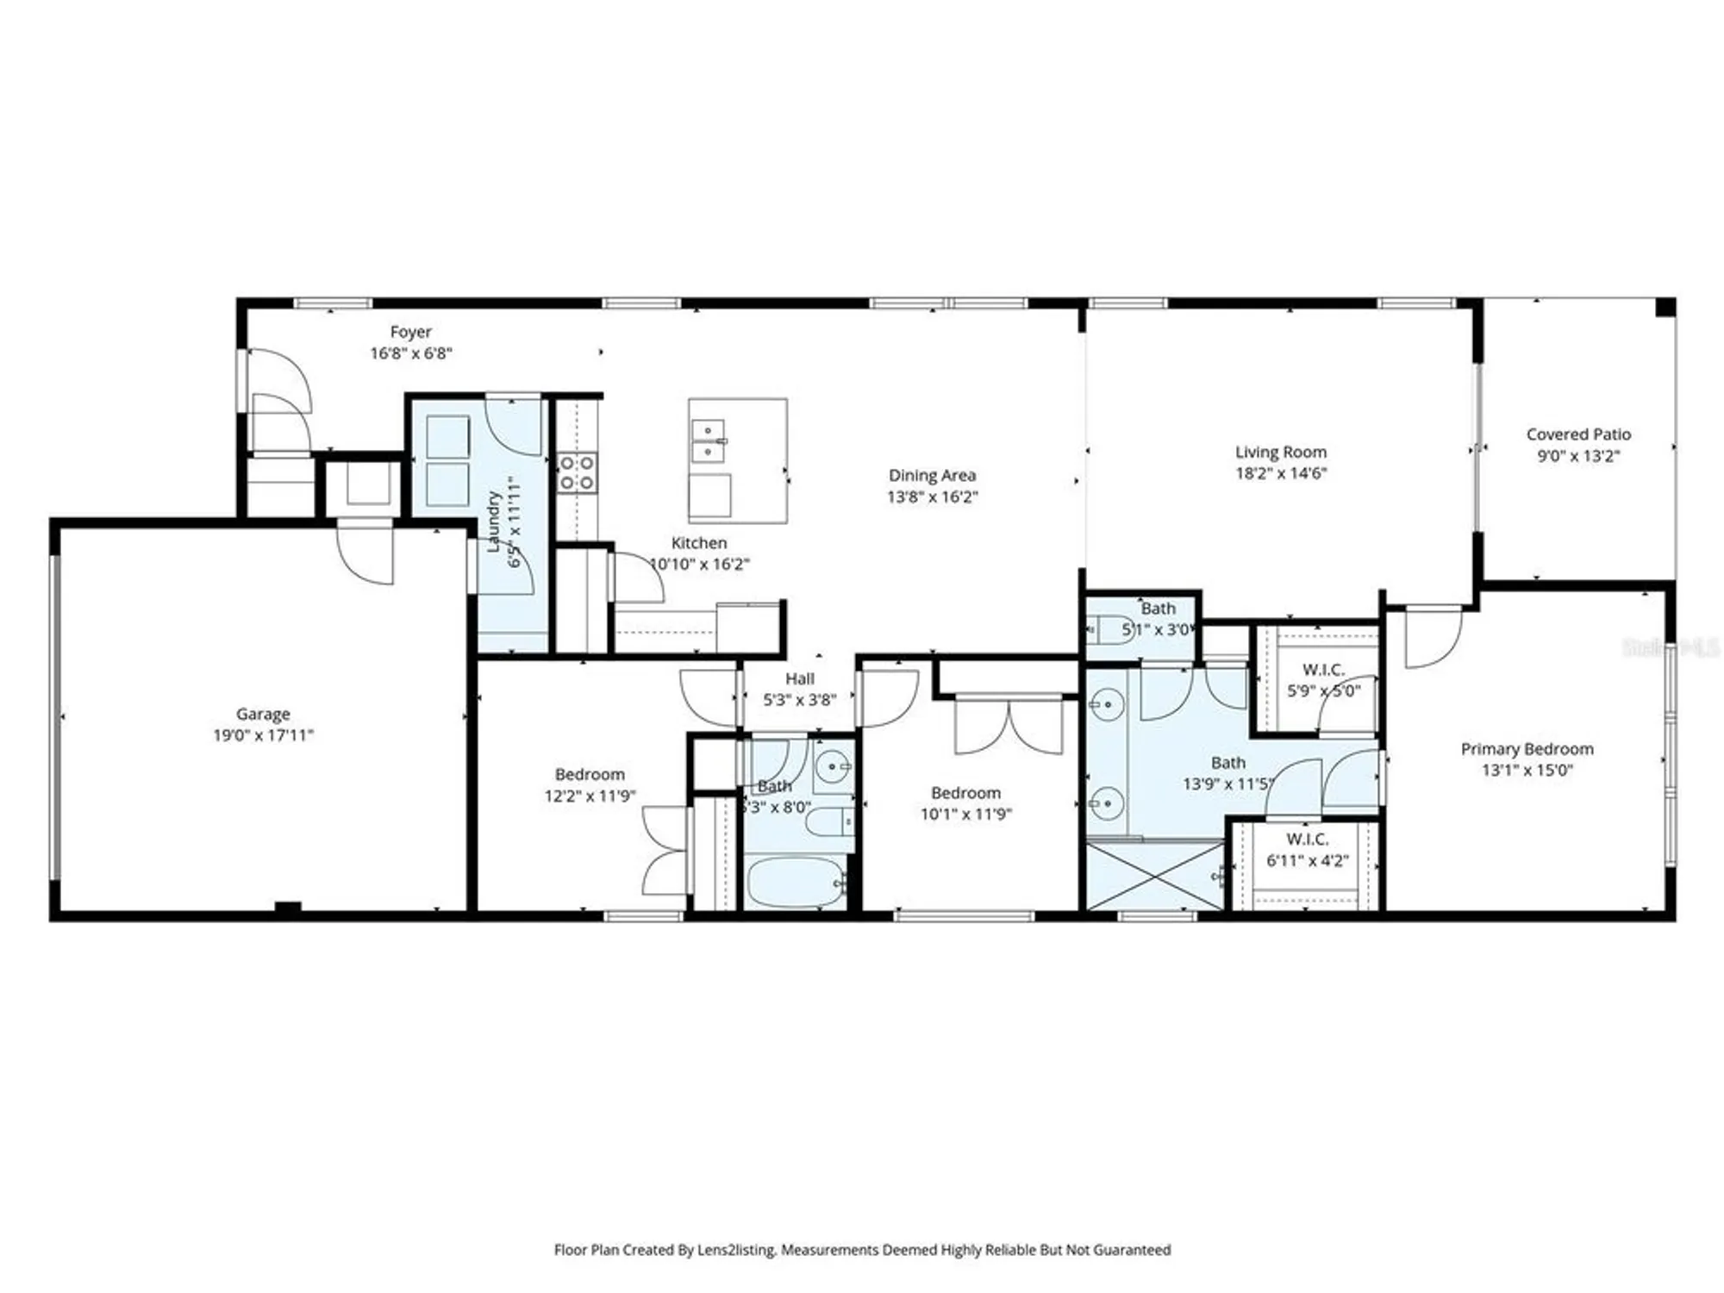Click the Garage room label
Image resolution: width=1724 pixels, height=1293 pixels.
click(x=263, y=714)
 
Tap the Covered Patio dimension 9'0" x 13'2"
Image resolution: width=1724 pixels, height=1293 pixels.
click(x=1578, y=456)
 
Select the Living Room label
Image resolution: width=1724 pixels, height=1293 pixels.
click(x=1281, y=452)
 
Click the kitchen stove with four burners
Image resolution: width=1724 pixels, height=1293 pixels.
click(x=576, y=473)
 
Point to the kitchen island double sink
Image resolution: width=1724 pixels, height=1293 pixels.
click(x=709, y=440)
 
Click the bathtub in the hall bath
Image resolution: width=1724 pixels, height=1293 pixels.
click(x=796, y=881)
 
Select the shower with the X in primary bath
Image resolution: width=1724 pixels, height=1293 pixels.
click(x=1154, y=875)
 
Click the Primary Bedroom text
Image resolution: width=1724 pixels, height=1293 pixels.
click(x=1527, y=749)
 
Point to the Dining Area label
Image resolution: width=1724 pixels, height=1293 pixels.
click(x=932, y=475)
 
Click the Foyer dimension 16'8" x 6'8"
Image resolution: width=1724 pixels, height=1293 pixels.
click(x=411, y=353)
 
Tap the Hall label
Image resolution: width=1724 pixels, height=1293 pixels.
click(x=799, y=678)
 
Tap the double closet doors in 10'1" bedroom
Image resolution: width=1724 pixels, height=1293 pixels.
click(x=1009, y=727)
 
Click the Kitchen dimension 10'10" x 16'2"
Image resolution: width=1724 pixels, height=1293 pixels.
click(x=699, y=564)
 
